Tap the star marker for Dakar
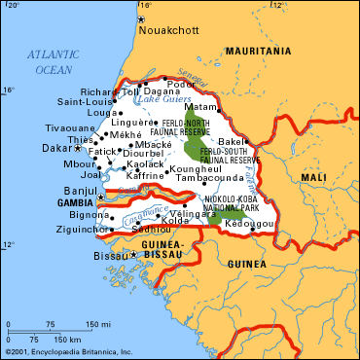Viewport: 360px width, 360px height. (79, 148)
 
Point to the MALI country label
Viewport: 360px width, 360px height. (313, 178)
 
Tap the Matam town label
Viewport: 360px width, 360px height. (199, 108)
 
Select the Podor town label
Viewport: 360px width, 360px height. (181, 83)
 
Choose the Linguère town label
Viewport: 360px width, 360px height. (131, 123)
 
